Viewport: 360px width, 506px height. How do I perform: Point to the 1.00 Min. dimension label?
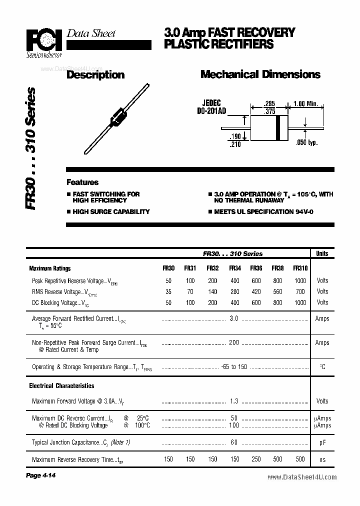(305, 103)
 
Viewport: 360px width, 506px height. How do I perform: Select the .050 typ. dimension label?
(306, 143)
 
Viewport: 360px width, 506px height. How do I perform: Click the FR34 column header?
(234, 268)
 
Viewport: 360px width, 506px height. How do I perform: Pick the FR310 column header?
(300, 268)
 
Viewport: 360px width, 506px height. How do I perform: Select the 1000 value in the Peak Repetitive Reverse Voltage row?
(300, 281)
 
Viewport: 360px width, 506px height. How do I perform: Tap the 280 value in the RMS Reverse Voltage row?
(234, 291)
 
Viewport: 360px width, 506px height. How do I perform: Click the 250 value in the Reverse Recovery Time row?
(256, 459)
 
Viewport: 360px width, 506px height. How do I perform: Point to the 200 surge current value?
(234, 342)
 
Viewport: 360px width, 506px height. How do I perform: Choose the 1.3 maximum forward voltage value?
(234, 401)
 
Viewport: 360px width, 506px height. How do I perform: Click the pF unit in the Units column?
(322, 442)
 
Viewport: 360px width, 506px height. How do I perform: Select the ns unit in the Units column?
(322, 459)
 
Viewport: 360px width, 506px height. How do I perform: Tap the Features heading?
(82, 182)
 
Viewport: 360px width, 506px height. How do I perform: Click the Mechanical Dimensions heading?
(260, 74)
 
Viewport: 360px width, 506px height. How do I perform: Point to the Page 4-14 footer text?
(40, 475)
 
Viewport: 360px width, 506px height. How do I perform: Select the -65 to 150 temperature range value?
(234, 367)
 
